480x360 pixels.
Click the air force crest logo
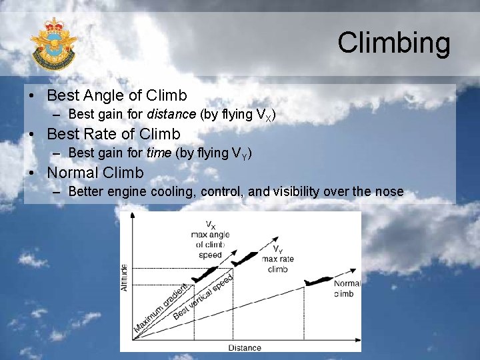[x=53, y=45]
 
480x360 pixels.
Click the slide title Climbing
[x=394, y=43]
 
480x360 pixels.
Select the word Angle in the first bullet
[x=104, y=95]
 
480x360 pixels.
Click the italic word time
[x=159, y=153]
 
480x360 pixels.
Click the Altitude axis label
[x=125, y=277]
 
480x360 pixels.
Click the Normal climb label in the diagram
[x=347, y=288]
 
